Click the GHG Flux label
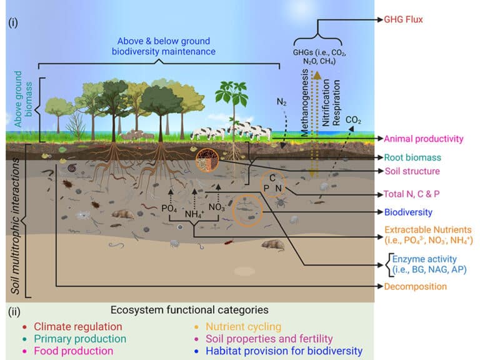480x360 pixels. pos(416,20)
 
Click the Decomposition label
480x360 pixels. pos(416,287)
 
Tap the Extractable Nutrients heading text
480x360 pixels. pos(428,230)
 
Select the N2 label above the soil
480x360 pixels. pos(282,101)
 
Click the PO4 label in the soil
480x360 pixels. pos(169,207)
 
